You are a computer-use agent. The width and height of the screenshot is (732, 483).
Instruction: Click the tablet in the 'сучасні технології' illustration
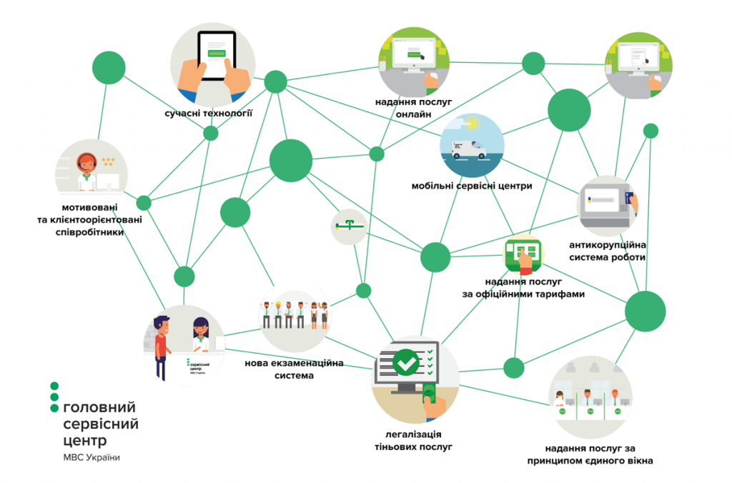[216, 56]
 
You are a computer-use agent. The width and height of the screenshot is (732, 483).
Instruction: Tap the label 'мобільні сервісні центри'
[472, 186]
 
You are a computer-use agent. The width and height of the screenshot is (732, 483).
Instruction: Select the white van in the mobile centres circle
[469, 149]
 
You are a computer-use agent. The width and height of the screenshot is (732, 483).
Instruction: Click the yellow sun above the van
[473, 124]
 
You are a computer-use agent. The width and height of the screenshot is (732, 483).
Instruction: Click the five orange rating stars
[108, 161]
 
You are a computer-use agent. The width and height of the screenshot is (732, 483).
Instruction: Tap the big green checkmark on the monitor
[406, 362]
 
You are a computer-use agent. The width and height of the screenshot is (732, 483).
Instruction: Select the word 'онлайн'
[413, 114]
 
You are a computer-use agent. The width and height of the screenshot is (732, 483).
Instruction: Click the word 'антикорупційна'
[608, 245]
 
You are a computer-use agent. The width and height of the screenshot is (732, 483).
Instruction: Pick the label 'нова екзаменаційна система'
[294, 369]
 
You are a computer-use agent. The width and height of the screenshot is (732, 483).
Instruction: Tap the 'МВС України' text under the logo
[91, 458]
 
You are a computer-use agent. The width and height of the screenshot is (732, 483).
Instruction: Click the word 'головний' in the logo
[99, 407]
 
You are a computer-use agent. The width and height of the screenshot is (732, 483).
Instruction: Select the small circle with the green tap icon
[349, 226]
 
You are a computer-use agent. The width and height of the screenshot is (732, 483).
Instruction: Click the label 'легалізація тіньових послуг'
[414, 441]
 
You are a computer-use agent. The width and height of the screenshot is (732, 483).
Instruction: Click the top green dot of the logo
[54, 386]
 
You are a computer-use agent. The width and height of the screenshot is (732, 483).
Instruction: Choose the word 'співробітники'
[89, 232]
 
